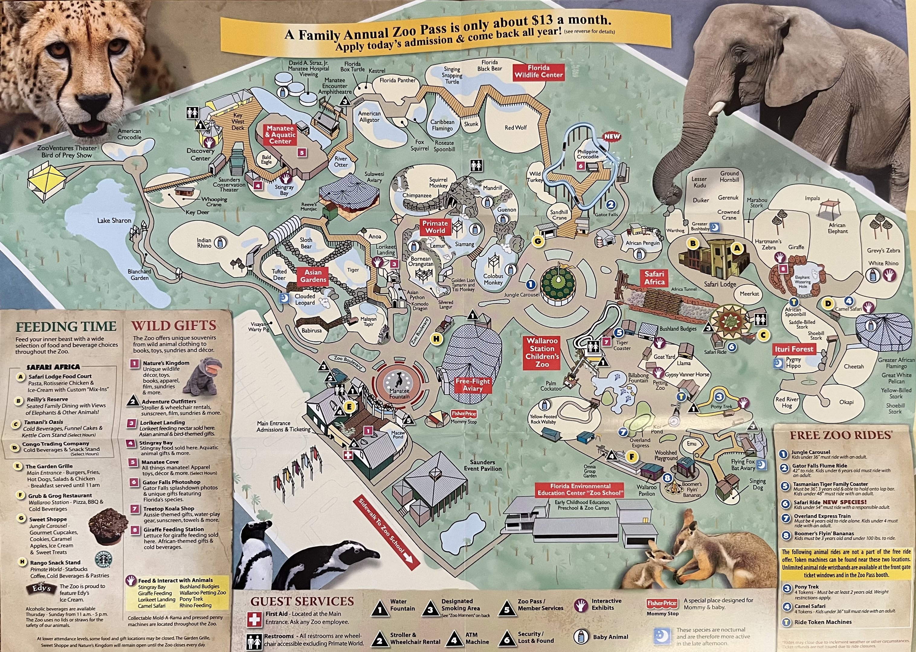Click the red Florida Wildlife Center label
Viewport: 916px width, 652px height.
click(539, 72)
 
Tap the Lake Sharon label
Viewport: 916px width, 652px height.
click(114, 220)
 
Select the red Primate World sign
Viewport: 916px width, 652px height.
click(435, 227)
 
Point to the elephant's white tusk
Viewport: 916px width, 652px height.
click(716, 109)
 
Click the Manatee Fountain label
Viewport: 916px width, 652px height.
click(399, 393)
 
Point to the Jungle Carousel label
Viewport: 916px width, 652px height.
click(521, 295)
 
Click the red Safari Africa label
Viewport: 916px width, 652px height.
click(654, 278)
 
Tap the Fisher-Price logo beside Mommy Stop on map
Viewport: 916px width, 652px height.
click(464, 414)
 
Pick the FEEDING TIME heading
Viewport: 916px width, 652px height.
click(66, 326)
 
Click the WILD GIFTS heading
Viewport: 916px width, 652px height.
click(174, 326)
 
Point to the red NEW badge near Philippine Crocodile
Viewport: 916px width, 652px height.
click(612, 136)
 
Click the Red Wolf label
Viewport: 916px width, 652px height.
click(515, 128)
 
